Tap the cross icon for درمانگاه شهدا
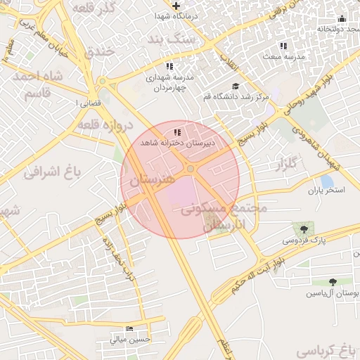176,6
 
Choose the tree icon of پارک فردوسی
304,229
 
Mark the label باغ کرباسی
331,349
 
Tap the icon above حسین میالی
129,328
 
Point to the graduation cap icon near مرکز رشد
235,86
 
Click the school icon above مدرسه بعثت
284,46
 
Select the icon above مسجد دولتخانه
342,19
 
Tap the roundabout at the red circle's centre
190,169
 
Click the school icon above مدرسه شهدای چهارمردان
169,65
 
